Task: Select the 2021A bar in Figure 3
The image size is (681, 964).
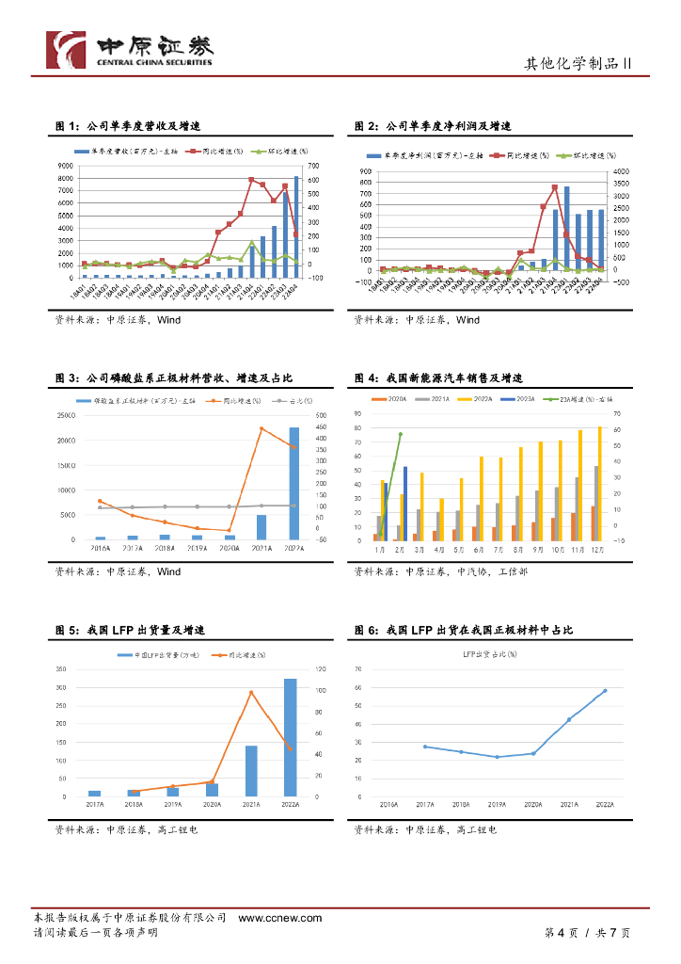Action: (261, 527)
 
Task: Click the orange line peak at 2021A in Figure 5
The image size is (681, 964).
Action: (251, 693)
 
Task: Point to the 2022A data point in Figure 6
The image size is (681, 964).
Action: (605, 691)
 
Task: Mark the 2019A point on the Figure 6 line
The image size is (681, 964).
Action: (497, 757)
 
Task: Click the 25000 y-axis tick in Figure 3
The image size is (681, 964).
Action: (65, 415)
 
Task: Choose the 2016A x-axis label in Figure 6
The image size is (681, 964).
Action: (388, 805)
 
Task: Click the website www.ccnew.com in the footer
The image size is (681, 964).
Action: (279, 918)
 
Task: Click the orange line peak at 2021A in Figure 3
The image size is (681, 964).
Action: (261, 429)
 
